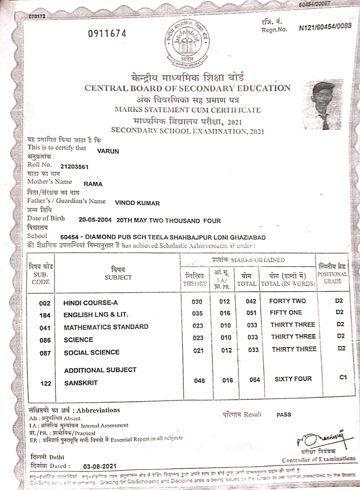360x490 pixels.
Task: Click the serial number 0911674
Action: point(107,34)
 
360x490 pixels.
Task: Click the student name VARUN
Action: point(108,151)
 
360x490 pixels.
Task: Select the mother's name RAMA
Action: point(93,184)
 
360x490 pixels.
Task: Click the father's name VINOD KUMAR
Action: point(137,203)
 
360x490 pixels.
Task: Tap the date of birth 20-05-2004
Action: point(95,220)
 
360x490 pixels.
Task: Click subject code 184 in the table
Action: point(45,315)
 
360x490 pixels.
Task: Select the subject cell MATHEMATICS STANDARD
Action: point(106,327)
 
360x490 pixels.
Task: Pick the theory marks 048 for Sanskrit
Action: point(199,381)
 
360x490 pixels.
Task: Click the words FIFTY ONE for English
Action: point(286,312)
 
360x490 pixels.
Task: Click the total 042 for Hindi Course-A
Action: point(251,301)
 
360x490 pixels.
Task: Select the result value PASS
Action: point(283,415)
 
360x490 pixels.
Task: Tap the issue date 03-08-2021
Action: point(99,467)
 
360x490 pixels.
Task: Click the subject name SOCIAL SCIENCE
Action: point(91,353)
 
